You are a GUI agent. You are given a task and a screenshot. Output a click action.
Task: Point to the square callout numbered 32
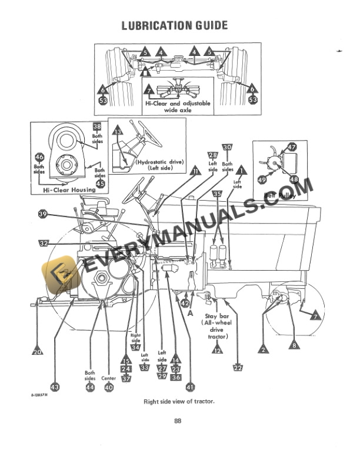point(43,242)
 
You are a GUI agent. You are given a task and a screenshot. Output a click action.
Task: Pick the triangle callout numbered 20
point(37,352)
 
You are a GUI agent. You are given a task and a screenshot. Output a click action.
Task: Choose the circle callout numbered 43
point(55,387)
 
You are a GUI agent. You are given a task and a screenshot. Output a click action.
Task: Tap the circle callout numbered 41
point(189,387)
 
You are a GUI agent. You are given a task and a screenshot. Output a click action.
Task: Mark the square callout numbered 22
point(238,368)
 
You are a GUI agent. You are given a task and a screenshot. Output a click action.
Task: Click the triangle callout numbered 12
point(218,349)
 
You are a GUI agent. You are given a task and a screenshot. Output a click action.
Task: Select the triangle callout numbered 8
point(293,345)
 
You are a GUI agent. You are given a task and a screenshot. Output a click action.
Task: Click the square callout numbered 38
point(97,126)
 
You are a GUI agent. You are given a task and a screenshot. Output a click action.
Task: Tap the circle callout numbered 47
point(292,148)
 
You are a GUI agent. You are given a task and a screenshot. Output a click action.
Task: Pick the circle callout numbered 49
point(262,179)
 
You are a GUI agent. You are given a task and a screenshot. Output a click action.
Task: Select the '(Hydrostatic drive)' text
point(159,161)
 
